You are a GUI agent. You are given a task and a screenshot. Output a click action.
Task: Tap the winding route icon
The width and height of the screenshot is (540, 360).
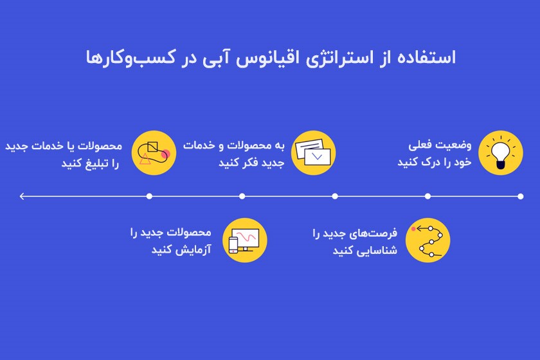click(x=427, y=240)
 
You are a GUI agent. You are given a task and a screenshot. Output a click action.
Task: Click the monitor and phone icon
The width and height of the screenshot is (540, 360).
click(x=244, y=240)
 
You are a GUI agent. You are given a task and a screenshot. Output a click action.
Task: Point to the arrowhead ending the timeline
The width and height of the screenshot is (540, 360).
click(x=22, y=196)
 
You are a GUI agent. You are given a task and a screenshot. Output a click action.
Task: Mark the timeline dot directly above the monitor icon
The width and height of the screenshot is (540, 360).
click(x=242, y=196)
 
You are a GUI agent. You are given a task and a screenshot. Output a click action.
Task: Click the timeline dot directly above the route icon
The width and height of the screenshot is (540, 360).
click(x=428, y=196)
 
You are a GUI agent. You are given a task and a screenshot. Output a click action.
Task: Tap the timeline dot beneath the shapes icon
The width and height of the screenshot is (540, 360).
click(x=149, y=196)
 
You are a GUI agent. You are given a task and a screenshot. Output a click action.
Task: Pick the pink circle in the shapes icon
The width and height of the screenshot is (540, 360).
click(x=166, y=154)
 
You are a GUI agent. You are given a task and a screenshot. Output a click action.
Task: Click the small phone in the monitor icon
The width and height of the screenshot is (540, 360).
click(x=234, y=245)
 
